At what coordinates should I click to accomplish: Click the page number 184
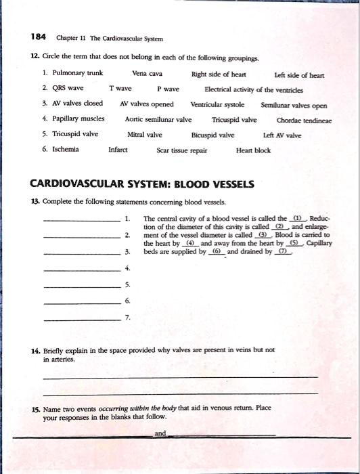pyautogui.click(x=38, y=37)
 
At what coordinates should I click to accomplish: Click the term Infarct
pyautogui.click(x=118, y=149)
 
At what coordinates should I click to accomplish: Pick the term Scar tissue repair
pyautogui.click(x=181, y=150)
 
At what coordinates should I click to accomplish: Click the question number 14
pyautogui.click(x=36, y=350)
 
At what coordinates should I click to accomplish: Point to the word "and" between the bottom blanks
pyautogui.click(x=160, y=433)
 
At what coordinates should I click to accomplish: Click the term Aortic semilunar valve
pyautogui.click(x=158, y=119)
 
